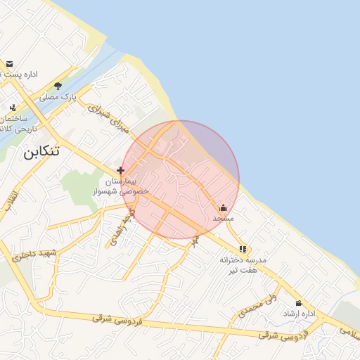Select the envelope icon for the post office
click(x=9, y=64)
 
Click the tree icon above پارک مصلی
click(x=58, y=86)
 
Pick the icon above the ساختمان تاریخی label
click(x=13, y=108)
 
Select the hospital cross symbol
click(x=121, y=170)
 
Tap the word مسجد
click(x=223, y=219)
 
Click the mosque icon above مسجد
click(x=224, y=207)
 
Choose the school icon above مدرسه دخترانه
click(x=243, y=249)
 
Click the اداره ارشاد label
click(x=299, y=313)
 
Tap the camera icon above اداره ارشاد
click(x=299, y=302)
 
